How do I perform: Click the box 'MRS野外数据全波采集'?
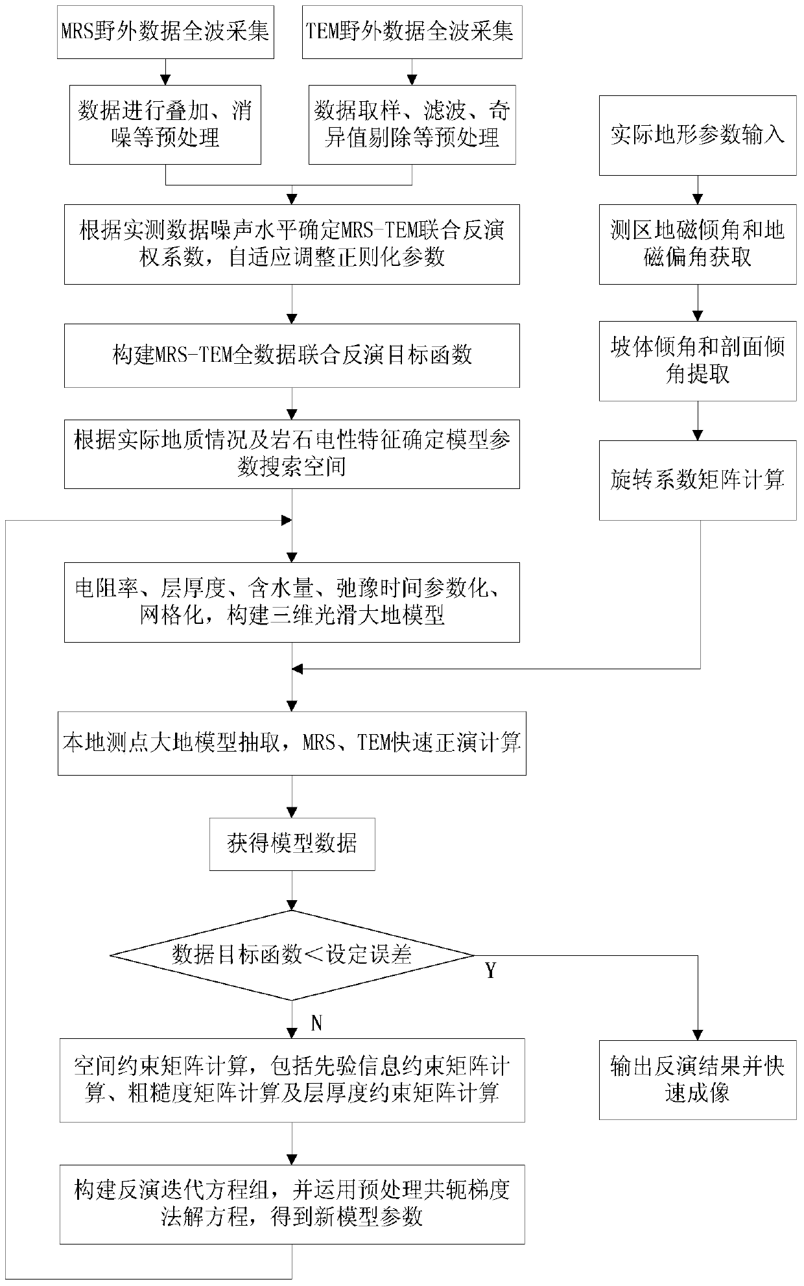[165, 31]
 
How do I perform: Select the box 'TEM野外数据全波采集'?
[412, 31]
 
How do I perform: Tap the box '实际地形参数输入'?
[697, 135]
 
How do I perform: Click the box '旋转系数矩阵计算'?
[697, 481]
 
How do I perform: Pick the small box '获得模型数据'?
[292, 844]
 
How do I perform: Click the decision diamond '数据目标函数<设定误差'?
[292, 955]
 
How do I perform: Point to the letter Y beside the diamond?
[491, 971]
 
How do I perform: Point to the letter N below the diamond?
[316, 1023]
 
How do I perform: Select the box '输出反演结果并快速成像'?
[697, 1080]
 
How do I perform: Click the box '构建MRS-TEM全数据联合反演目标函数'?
[292, 355]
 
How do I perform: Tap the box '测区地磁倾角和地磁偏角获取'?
[697, 244]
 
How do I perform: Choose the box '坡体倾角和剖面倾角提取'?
[697, 361]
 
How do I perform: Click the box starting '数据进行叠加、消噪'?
[165, 125]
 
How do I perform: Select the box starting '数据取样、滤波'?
[412, 125]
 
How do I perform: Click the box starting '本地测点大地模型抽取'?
[292, 743]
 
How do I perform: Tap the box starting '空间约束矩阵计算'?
[292, 1080]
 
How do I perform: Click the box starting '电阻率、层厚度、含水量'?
[292, 602]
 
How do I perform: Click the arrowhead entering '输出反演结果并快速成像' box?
[698, 1034]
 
